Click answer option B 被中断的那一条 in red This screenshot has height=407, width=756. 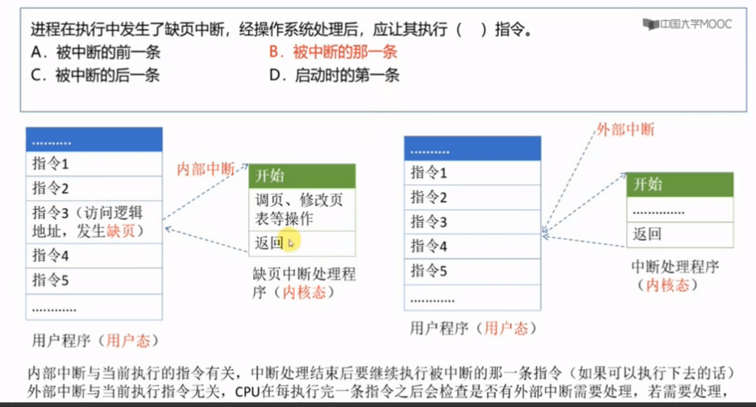pyautogui.click(x=333, y=52)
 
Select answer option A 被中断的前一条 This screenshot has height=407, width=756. pyautogui.click(x=95, y=52)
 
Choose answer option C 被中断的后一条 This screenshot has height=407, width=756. pyautogui.click(x=95, y=75)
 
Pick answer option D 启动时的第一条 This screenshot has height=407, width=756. pyautogui.click(x=334, y=75)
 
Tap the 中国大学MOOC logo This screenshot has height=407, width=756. pyautogui.click(x=687, y=24)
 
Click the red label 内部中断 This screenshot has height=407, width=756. pyautogui.click(x=206, y=168)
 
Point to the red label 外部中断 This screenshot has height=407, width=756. pyautogui.click(x=625, y=129)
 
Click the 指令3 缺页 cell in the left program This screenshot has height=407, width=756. pyautogui.click(x=94, y=222)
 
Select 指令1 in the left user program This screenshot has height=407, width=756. pyautogui.click(x=94, y=164)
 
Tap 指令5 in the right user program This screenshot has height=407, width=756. pyautogui.click(x=472, y=272)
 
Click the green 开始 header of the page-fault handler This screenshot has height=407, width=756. pyautogui.click(x=302, y=176)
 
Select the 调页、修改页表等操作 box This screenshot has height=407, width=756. pyautogui.click(x=302, y=210)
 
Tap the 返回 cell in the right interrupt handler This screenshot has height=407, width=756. pyautogui.click(x=679, y=235)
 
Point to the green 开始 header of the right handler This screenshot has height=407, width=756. pyautogui.click(x=679, y=185)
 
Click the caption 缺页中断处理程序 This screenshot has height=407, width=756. pyautogui.click(x=304, y=283)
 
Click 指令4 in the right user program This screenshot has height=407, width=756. pyautogui.click(x=472, y=247)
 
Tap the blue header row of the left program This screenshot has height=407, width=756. pyautogui.click(x=94, y=140)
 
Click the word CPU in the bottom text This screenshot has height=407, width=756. pyautogui.click(x=247, y=392)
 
